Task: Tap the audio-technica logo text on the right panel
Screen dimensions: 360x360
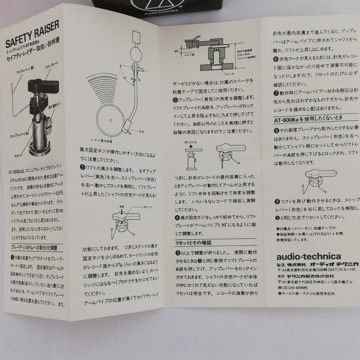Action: [x=304, y=257]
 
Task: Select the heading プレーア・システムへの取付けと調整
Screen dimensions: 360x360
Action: [x=34, y=248]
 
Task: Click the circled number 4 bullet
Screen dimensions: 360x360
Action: [x=177, y=218]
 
